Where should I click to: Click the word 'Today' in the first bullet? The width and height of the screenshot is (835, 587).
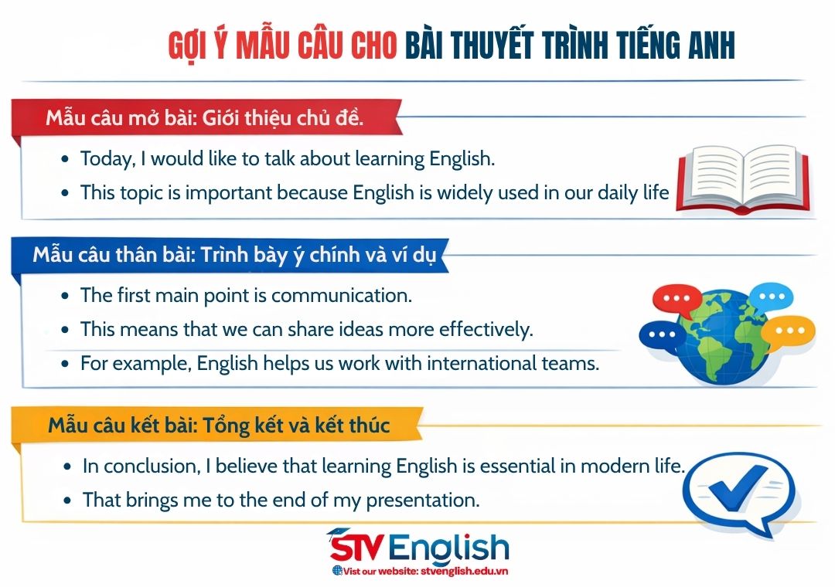tap(107, 159)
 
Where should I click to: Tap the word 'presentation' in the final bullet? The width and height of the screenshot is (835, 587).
tap(423, 500)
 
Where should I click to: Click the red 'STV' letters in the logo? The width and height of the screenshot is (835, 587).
tap(358, 548)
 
